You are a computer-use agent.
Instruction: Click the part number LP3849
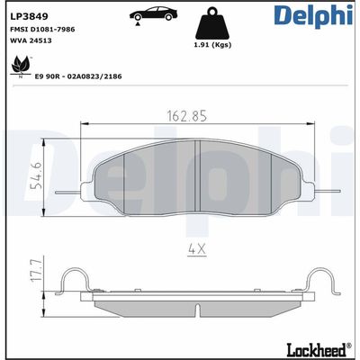pos(27,15)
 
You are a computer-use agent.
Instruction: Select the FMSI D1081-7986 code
pos(42,29)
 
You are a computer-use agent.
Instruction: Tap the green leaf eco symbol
pos(15,66)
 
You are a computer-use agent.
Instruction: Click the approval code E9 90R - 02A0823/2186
pos(78,76)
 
